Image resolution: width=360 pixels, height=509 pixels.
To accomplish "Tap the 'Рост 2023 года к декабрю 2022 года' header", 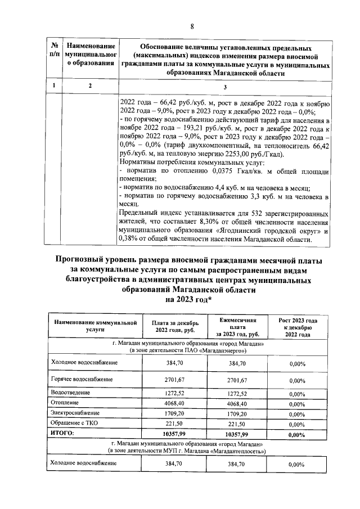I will click(x=297, y=327).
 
